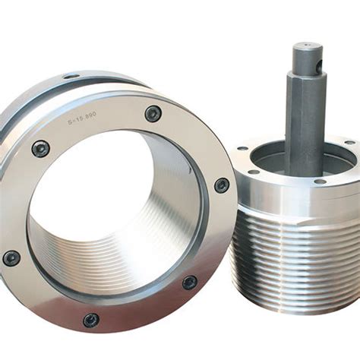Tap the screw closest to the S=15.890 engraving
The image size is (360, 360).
tap(153, 113)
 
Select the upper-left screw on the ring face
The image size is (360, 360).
tap(41, 148)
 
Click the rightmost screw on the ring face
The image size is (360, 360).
tap(221, 185)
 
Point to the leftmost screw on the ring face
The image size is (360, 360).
tap(11, 257)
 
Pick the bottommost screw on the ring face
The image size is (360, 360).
tap(91, 320)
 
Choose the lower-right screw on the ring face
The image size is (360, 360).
tap(190, 282)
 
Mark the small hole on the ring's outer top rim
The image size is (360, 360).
tap(71, 77)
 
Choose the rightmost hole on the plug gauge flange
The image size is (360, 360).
tap(349, 143)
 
